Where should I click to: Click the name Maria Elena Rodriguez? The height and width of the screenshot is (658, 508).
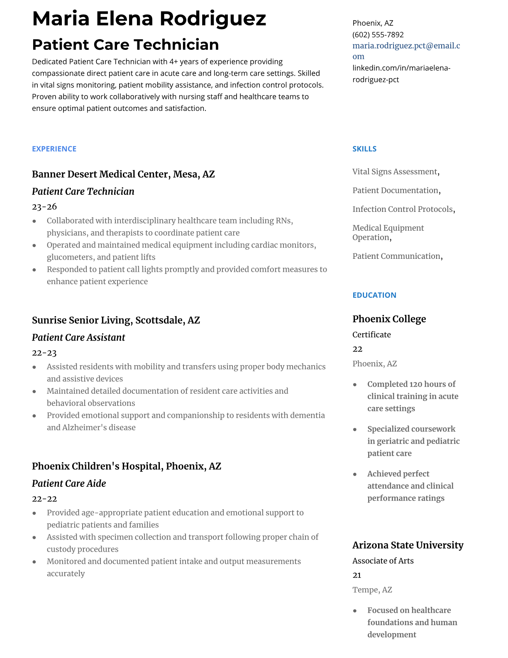point(149,19)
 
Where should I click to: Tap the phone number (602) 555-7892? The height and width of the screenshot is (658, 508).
point(378,34)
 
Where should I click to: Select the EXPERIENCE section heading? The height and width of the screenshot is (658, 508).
point(54,149)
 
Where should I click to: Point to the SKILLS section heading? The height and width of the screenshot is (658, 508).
point(364,149)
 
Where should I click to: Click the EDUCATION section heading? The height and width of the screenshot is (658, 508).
point(374,295)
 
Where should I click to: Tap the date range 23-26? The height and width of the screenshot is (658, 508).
point(44,206)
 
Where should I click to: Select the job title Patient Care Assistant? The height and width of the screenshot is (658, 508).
point(78,337)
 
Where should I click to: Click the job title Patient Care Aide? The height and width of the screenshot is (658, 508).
point(69,483)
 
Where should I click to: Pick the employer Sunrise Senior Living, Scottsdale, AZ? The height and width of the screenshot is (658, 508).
point(116,320)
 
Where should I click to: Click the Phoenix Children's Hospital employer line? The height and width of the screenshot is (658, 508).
point(127,466)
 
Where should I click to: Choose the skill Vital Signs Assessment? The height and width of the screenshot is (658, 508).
point(395,172)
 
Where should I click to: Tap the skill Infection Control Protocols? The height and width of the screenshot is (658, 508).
point(403,209)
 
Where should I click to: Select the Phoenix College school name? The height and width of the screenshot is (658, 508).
point(389,319)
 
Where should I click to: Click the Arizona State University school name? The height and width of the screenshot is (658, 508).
point(408,545)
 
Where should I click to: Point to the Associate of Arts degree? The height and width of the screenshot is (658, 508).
point(383,561)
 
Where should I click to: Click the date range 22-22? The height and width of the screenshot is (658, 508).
point(44,498)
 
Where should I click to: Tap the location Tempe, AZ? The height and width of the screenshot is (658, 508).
point(372,589)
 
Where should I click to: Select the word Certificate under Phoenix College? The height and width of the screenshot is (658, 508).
point(371,334)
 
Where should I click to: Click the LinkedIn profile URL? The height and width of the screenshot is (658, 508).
point(401,74)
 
